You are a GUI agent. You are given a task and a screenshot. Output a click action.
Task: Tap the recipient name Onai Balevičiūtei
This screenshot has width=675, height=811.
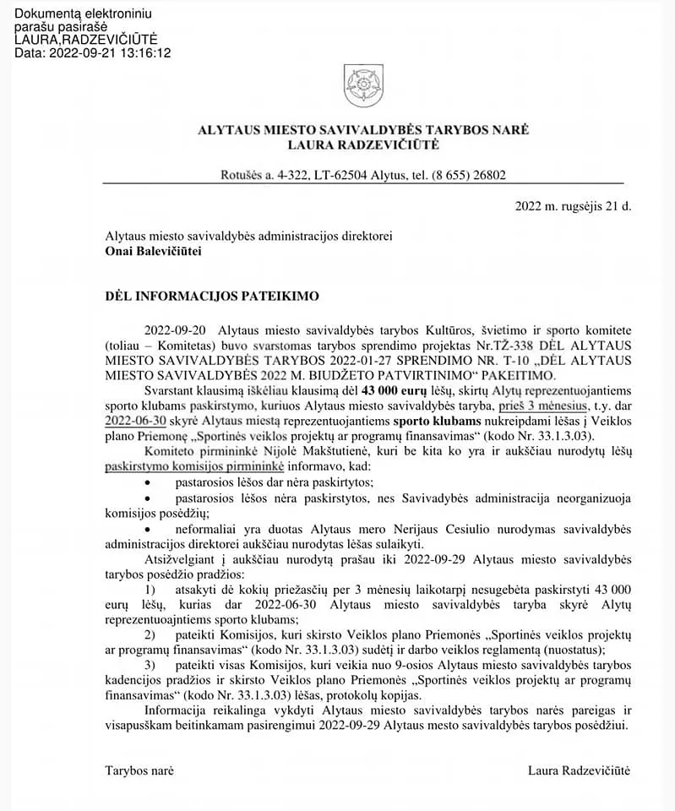[153, 250]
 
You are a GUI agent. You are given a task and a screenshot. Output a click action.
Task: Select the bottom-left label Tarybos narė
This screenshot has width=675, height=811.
[139, 770]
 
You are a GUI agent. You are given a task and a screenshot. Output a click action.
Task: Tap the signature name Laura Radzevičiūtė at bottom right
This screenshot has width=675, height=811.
[579, 770]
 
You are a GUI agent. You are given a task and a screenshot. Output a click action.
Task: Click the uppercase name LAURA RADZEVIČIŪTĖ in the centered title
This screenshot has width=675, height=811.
[363, 145]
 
